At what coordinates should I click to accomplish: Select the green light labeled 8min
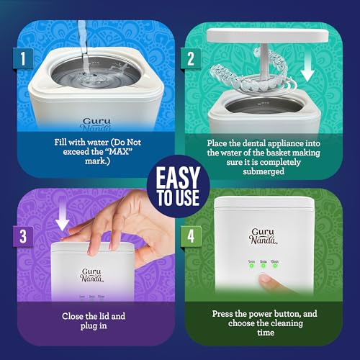click(264, 266)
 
